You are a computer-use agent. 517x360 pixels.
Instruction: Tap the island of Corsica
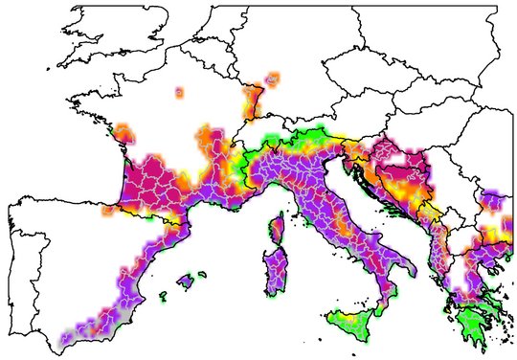point(276,230)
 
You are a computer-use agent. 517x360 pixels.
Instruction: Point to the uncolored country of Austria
point(354,120)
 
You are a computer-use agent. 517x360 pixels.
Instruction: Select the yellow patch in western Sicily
point(336,317)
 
